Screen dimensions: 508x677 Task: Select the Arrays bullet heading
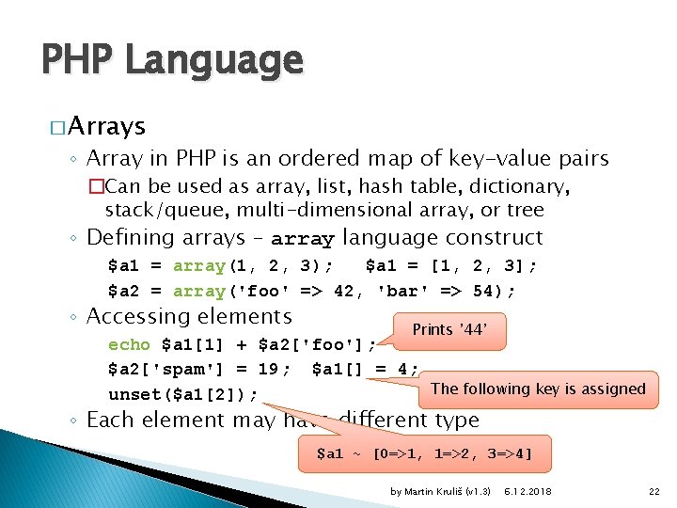point(106,126)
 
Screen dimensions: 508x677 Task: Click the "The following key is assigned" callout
point(538,389)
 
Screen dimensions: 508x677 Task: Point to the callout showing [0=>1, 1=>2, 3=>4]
point(424,454)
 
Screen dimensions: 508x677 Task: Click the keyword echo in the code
point(129,344)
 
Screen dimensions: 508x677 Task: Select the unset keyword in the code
point(135,393)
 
